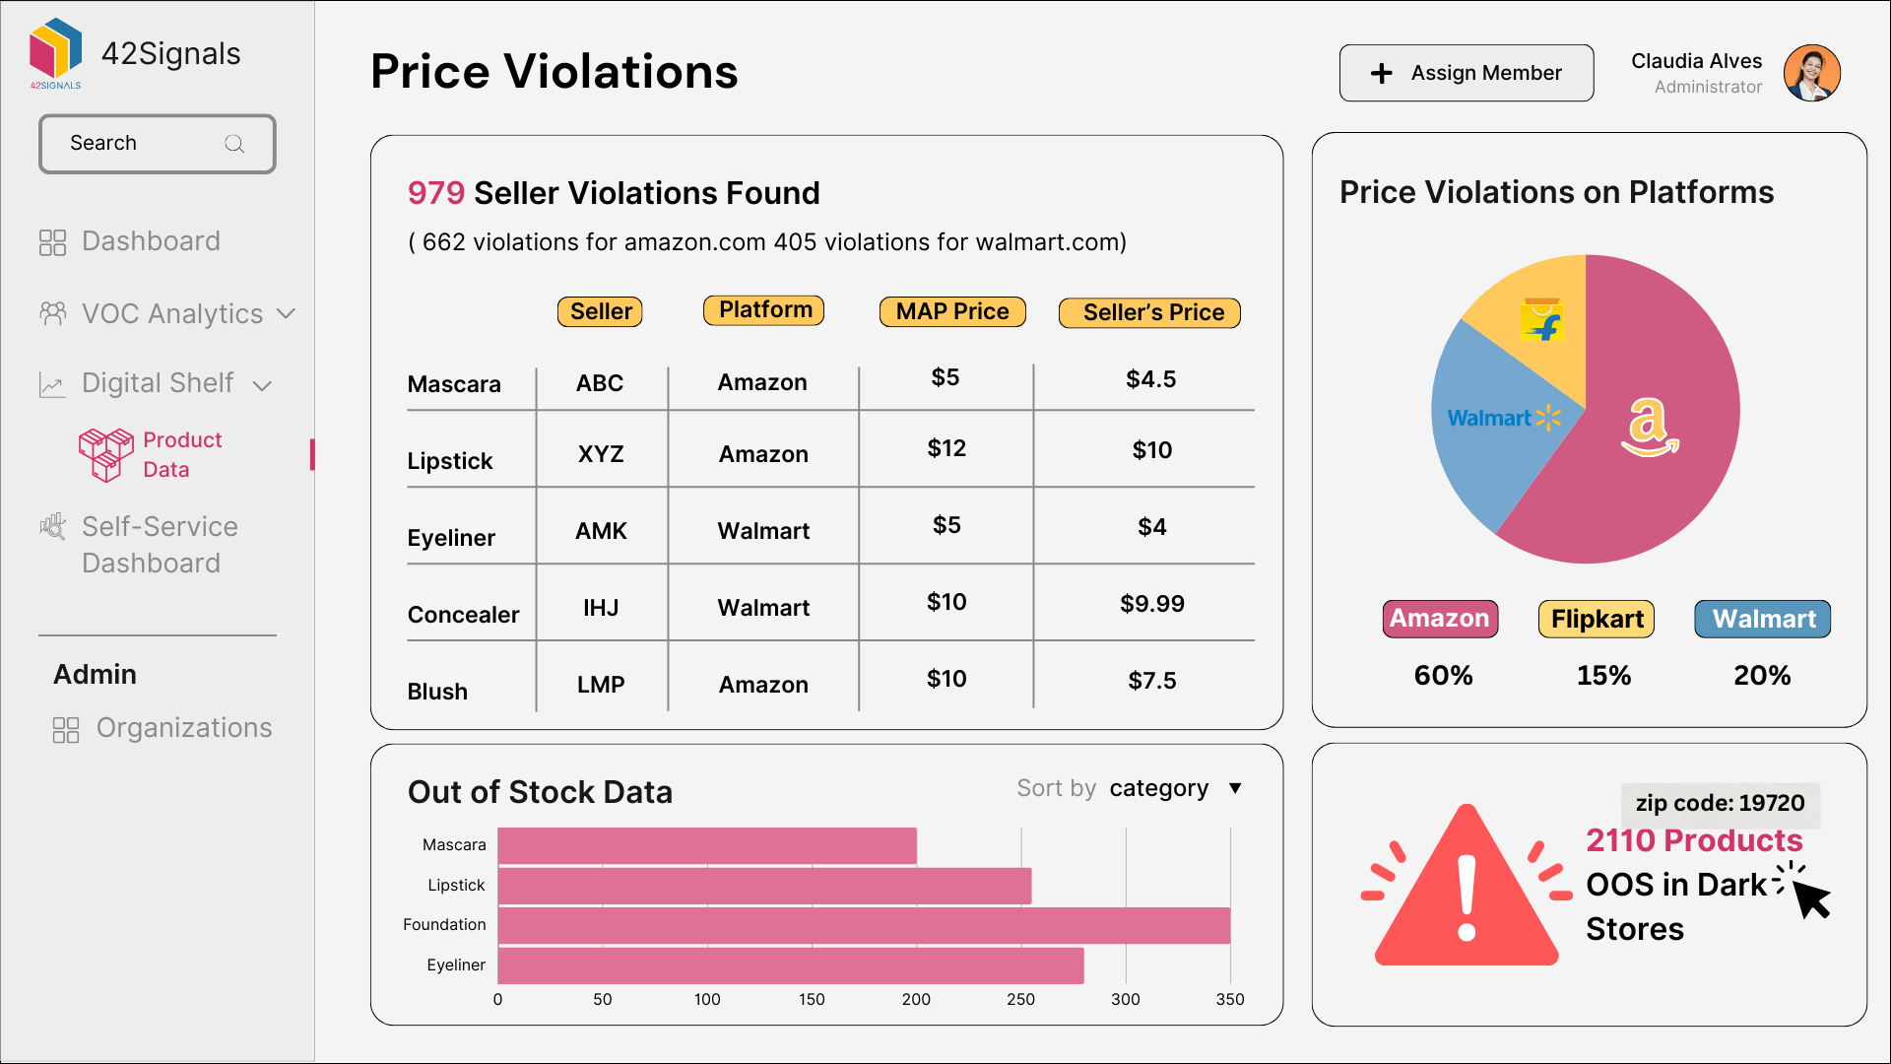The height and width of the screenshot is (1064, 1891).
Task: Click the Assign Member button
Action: [x=1466, y=73]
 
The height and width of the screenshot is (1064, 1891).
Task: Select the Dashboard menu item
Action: [x=150, y=241]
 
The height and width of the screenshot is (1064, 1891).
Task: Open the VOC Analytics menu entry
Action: [x=171, y=314]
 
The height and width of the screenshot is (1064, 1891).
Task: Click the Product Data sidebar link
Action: [x=181, y=454]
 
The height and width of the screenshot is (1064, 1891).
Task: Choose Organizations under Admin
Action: [x=183, y=728]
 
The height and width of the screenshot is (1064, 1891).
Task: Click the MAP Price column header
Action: [x=951, y=312]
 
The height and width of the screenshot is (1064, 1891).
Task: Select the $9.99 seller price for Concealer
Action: [x=1151, y=604]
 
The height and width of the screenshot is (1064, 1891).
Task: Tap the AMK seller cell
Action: [x=601, y=531]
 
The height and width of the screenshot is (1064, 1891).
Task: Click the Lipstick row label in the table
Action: [x=450, y=461]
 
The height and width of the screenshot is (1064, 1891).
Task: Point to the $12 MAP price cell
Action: [x=945, y=449]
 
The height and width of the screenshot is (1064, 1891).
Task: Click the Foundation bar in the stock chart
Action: [x=864, y=926]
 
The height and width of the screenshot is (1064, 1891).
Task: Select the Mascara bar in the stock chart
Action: [x=706, y=846]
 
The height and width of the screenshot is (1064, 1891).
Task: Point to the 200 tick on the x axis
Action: [x=916, y=999]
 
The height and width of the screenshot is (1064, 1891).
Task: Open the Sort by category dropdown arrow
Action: [x=1235, y=788]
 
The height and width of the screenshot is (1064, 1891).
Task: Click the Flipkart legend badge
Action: [x=1596, y=619]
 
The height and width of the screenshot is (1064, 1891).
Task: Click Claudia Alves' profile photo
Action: [x=1811, y=73]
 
